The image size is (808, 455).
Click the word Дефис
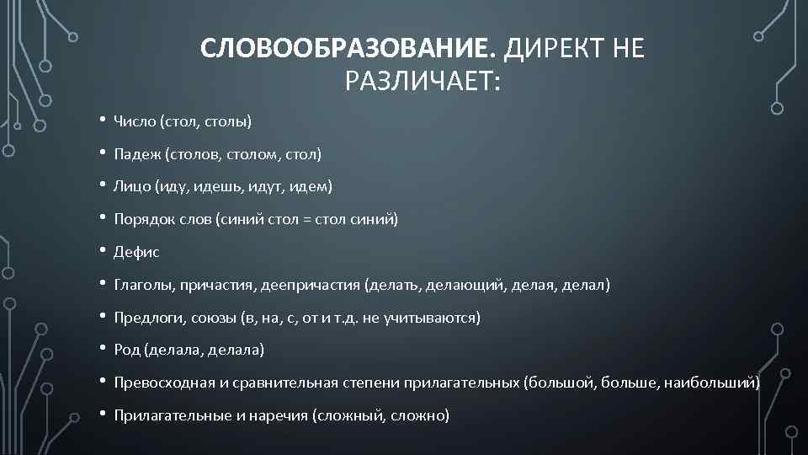click(136, 253)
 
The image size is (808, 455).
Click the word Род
click(127, 350)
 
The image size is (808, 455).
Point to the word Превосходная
click(160, 383)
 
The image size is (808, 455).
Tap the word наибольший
click(710, 383)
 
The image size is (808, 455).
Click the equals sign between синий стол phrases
click(308, 220)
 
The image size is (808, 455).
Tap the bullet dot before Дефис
click(101, 250)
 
